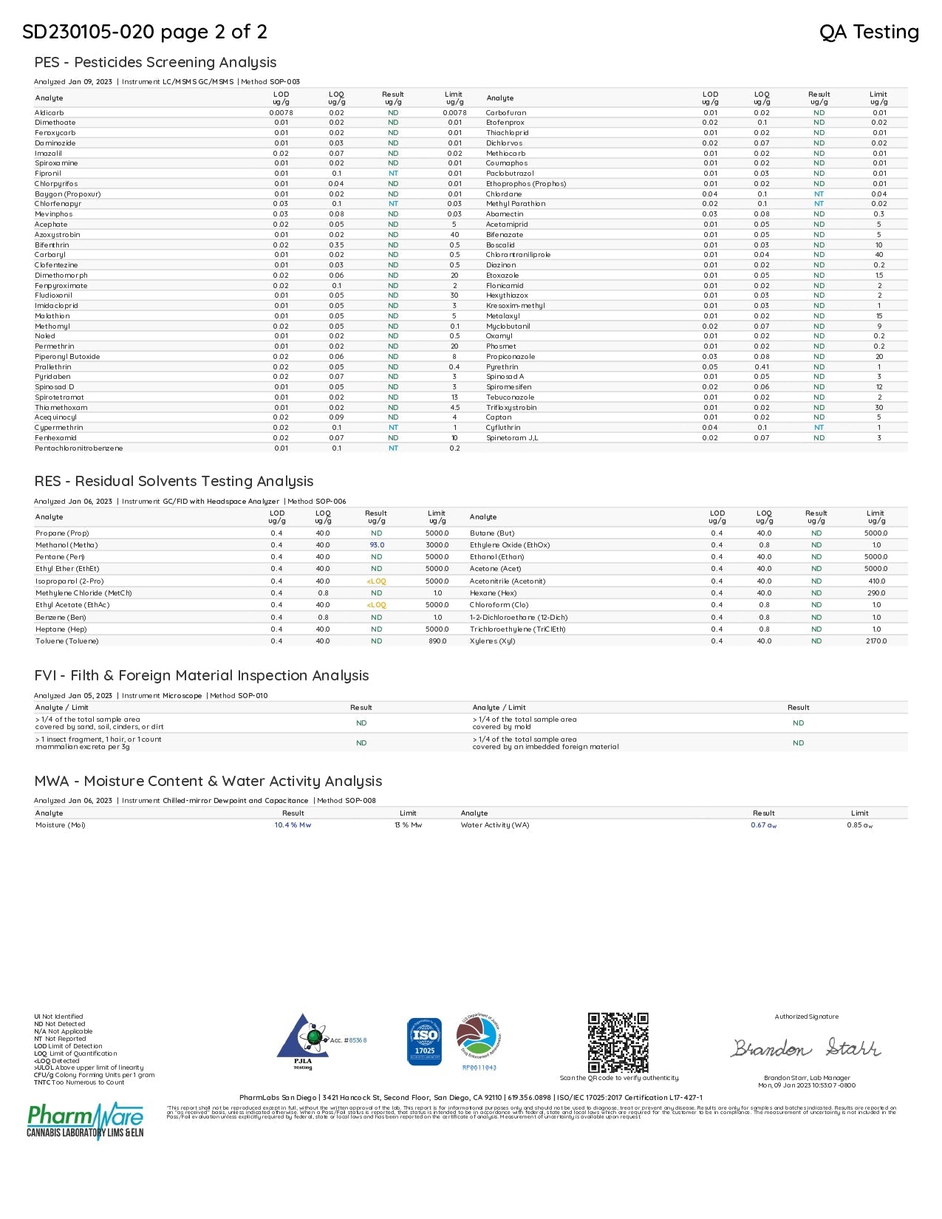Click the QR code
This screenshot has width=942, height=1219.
point(618,1042)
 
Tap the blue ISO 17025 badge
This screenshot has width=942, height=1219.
point(424,1042)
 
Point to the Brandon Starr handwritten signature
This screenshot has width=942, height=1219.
point(806,1048)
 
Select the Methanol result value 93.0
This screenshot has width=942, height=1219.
point(377,545)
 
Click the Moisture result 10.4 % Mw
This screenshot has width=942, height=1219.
point(293,825)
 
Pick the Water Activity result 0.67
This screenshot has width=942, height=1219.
point(763,825)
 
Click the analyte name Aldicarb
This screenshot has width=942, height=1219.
point(49,113)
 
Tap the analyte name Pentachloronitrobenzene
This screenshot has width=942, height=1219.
point(79,448)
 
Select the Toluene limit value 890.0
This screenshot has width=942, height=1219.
point(437,641)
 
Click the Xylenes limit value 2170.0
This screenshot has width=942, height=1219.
point(876,641)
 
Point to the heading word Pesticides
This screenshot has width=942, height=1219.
point(110,63)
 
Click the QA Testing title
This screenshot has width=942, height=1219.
point(869,32)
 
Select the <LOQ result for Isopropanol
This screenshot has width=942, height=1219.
point(376,581)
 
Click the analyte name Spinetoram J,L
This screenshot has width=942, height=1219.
point(512,438)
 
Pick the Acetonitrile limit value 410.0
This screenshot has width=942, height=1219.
point(876,581)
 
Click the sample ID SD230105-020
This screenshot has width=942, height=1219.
point(88,32)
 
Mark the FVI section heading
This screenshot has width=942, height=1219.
point(201,675)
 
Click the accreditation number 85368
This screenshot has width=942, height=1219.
point(358,1040)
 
